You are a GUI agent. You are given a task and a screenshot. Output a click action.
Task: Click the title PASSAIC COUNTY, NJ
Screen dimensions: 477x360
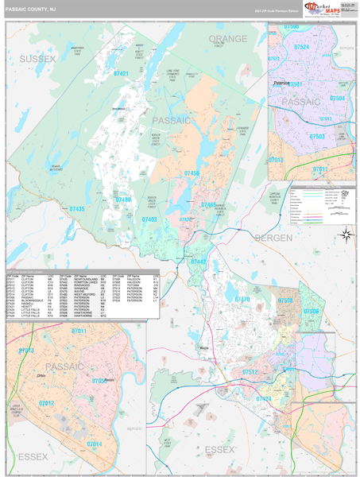point(31,10)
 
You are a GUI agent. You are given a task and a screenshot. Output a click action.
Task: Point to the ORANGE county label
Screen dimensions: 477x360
point(228,38)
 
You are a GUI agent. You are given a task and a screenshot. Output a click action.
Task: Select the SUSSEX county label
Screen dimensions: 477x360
point(37,59)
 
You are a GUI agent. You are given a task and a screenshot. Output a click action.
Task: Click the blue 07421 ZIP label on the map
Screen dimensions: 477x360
point(122,73)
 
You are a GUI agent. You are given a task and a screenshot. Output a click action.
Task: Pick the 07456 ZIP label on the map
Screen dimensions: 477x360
point(192,173)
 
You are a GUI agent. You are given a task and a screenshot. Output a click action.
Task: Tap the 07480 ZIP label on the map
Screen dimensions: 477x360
point(125,200)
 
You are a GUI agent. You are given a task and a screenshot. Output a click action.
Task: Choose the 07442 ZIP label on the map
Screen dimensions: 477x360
point(198,261)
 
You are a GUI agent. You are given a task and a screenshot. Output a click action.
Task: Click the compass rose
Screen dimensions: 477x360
point(346,234)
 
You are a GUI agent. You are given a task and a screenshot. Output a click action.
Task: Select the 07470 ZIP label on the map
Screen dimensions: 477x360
point(241,299)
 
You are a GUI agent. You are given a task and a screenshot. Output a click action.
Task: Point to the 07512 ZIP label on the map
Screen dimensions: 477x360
point(250,371)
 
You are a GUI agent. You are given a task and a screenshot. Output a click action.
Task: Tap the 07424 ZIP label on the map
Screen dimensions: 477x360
point(264,397)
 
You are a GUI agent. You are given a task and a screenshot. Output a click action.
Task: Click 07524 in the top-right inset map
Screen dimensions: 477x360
point(302,47)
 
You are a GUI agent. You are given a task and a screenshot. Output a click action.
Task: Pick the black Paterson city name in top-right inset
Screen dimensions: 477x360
point(282,82)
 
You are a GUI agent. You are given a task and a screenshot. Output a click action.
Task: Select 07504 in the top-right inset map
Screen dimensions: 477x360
point(338,98)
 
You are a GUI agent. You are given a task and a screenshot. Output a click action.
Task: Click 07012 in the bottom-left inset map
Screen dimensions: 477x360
point(47,404)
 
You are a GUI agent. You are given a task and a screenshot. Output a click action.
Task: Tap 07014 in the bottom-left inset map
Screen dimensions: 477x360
point(94,444)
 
